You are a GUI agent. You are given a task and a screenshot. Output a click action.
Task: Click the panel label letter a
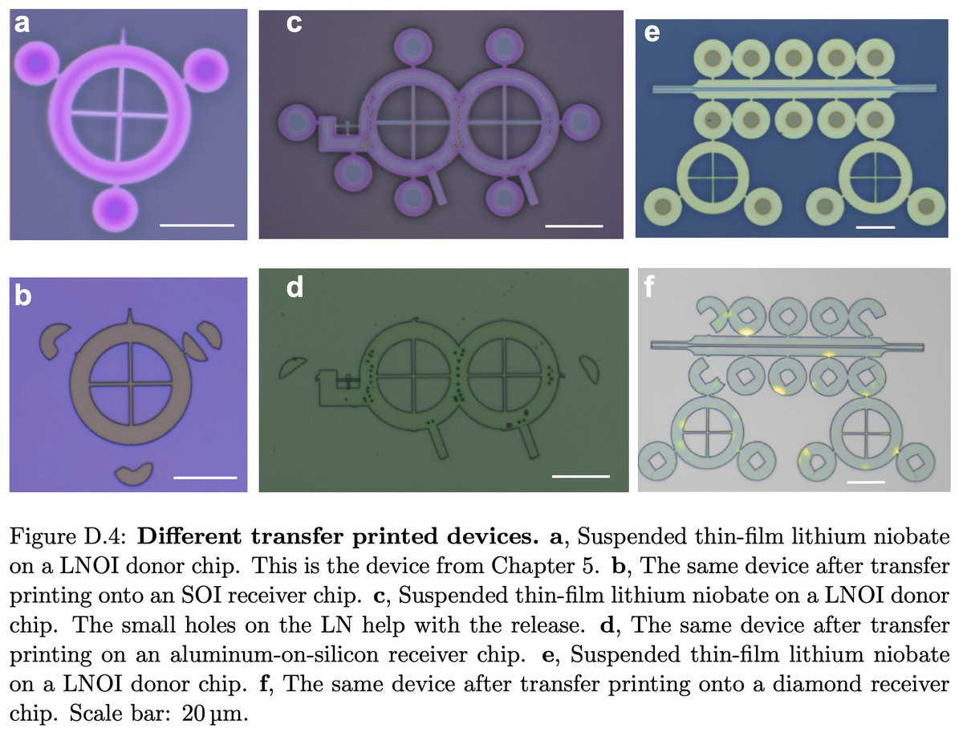(x=22, y=24)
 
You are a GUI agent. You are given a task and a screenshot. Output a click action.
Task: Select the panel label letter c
(x=294, y=24)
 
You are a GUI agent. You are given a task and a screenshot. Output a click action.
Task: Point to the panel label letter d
(x=295, y=287)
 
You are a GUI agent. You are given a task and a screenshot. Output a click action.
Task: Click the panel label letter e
(x=652, y=34)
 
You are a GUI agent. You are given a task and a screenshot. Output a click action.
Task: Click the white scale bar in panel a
(x=197, y=225)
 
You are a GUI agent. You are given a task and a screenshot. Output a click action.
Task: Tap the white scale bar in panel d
(x=581, y=476)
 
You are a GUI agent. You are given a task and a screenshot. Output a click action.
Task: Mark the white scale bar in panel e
(x=876, y=227)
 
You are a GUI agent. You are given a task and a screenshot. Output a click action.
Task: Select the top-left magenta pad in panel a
(x=36, y=63)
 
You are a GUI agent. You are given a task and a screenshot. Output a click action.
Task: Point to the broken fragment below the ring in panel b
(x=134, y=474)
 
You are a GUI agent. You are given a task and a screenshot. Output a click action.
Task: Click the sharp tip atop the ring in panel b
(x=129, y=309)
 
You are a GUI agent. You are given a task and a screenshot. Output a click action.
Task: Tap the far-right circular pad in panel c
(x=581, y=123)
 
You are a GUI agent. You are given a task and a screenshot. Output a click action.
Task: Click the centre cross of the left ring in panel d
(x=412, y=376)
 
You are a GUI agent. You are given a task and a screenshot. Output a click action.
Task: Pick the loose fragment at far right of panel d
(x=590, y=368)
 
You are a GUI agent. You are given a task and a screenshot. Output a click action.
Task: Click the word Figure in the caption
(x=36, y=537)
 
